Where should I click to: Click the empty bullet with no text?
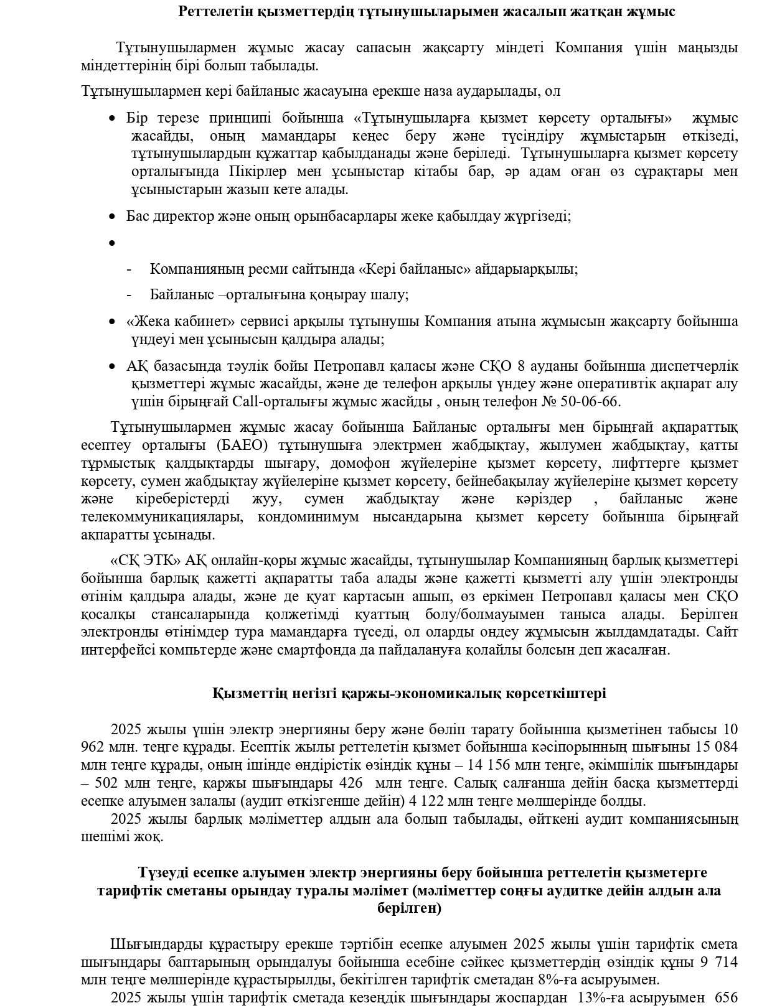pos(112,243)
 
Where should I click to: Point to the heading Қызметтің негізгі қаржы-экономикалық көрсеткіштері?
pos(409,693)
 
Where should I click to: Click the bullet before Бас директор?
pos(112,217)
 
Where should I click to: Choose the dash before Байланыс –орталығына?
pos(129,295)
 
